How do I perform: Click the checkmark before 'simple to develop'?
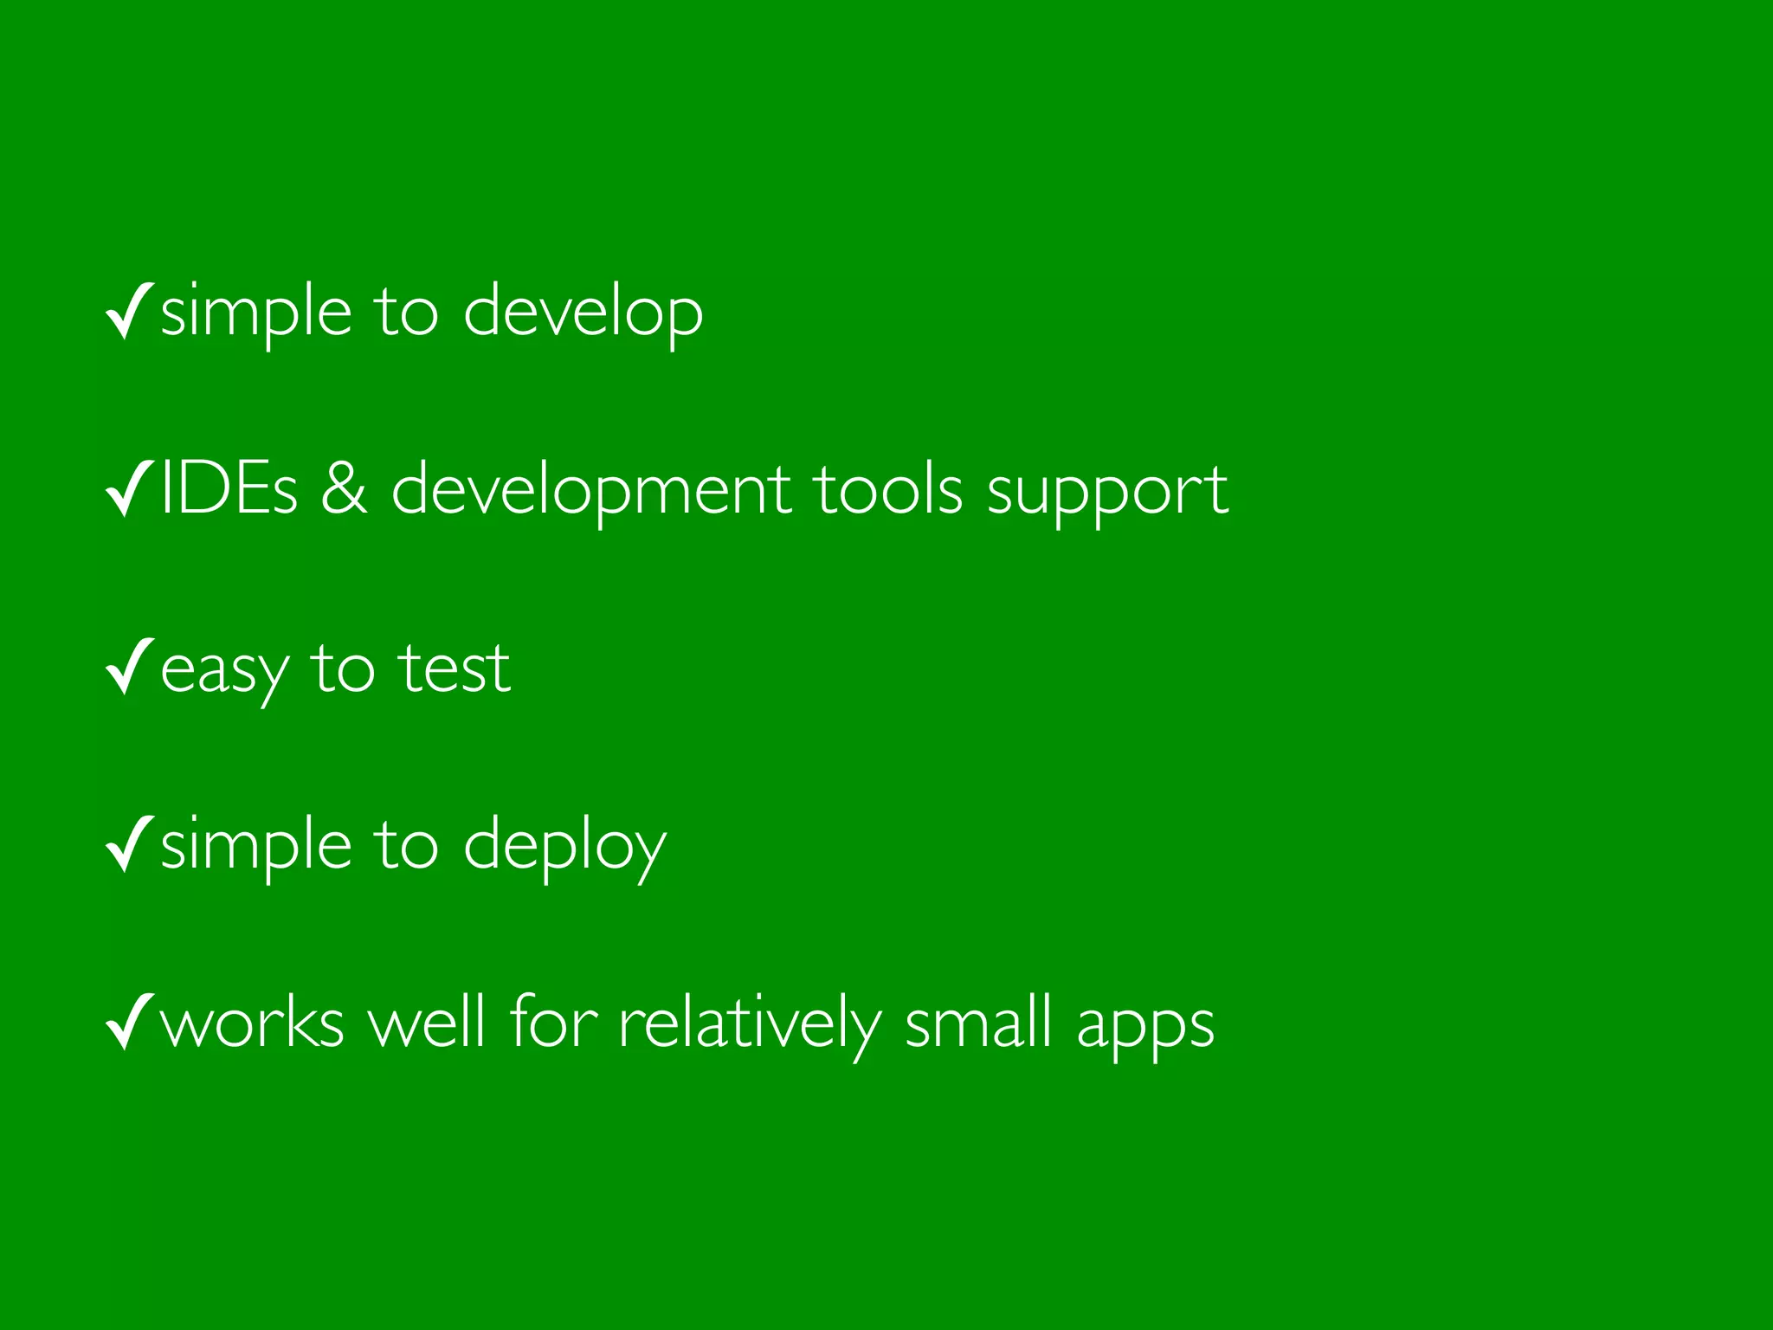point(129,311)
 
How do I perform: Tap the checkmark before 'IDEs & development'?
point(129,489)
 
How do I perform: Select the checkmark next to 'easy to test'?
point(129,667)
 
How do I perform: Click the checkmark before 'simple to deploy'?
point(129,844)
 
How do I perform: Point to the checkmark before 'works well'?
point(129,1023)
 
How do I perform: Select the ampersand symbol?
point(345,490)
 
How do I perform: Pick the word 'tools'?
point(888,490)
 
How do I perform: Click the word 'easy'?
point(224,672)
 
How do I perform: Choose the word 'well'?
point(426,1023)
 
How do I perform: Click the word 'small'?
point(978,1023)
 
